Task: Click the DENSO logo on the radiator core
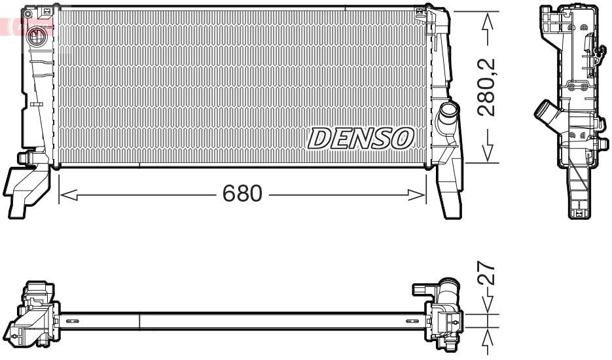(361, 137)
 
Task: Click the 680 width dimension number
(242, 194)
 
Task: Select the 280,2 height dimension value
(487, 87)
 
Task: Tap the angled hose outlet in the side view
(545, 116)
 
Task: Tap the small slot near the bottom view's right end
(411, 321)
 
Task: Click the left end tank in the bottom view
(36, 314)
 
